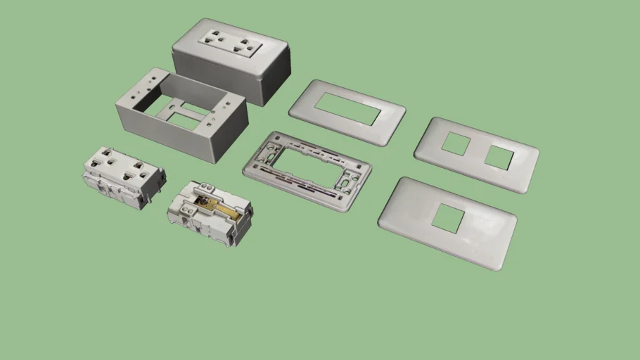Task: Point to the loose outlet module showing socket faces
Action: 124,176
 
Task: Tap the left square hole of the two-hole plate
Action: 456,144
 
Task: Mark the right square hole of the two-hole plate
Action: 498,157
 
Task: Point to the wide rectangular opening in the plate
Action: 347,110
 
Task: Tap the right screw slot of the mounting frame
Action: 346,184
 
